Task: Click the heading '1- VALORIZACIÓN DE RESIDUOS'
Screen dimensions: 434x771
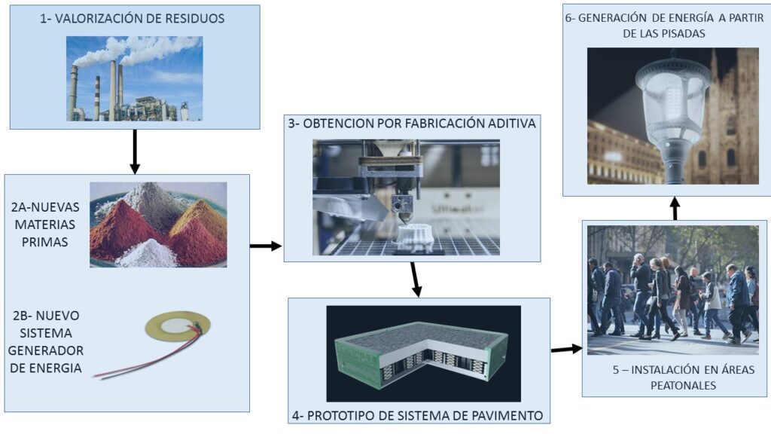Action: click(133, 19)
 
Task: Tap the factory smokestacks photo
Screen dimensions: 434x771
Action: click(134, 78)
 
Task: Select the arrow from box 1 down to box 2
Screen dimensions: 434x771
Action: click(134, 150)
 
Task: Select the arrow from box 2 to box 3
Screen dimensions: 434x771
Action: click(265, 246)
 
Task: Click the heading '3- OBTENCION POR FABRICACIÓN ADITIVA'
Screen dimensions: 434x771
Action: click(413, 124)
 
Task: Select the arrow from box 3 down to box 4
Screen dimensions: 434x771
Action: click(415, 280)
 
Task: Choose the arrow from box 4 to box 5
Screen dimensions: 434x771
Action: click(566, 349)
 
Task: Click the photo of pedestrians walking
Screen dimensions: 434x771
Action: click(672, 290)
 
